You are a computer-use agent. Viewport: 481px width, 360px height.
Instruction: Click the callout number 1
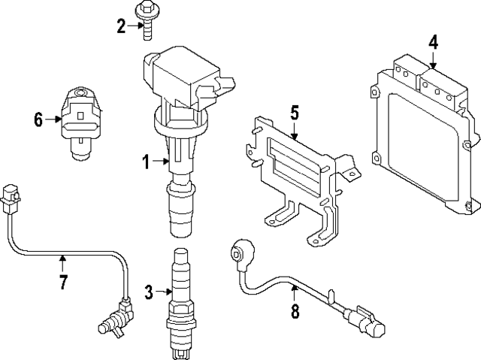tap(147, 160)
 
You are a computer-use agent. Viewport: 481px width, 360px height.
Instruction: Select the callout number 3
tap(149, 291)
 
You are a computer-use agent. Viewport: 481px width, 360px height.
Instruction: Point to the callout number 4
tap(433, 42)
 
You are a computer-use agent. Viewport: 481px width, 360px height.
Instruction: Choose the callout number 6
tap(38, 119)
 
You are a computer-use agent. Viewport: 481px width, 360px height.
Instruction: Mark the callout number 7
tap(63, 283)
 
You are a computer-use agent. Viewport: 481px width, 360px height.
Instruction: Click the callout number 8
tap(294, 310)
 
